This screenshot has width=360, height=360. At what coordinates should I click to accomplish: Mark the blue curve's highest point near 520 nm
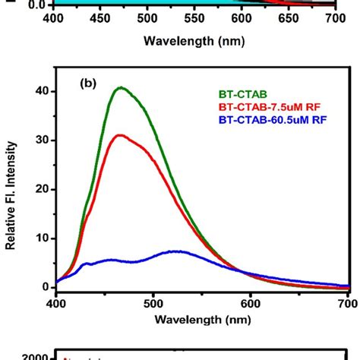[176, 251]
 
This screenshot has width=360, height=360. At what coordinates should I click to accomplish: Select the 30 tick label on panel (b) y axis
[39, 141]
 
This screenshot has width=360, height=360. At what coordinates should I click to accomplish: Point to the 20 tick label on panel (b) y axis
[39, 189]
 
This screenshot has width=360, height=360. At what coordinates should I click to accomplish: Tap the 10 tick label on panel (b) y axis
[39, 238]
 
